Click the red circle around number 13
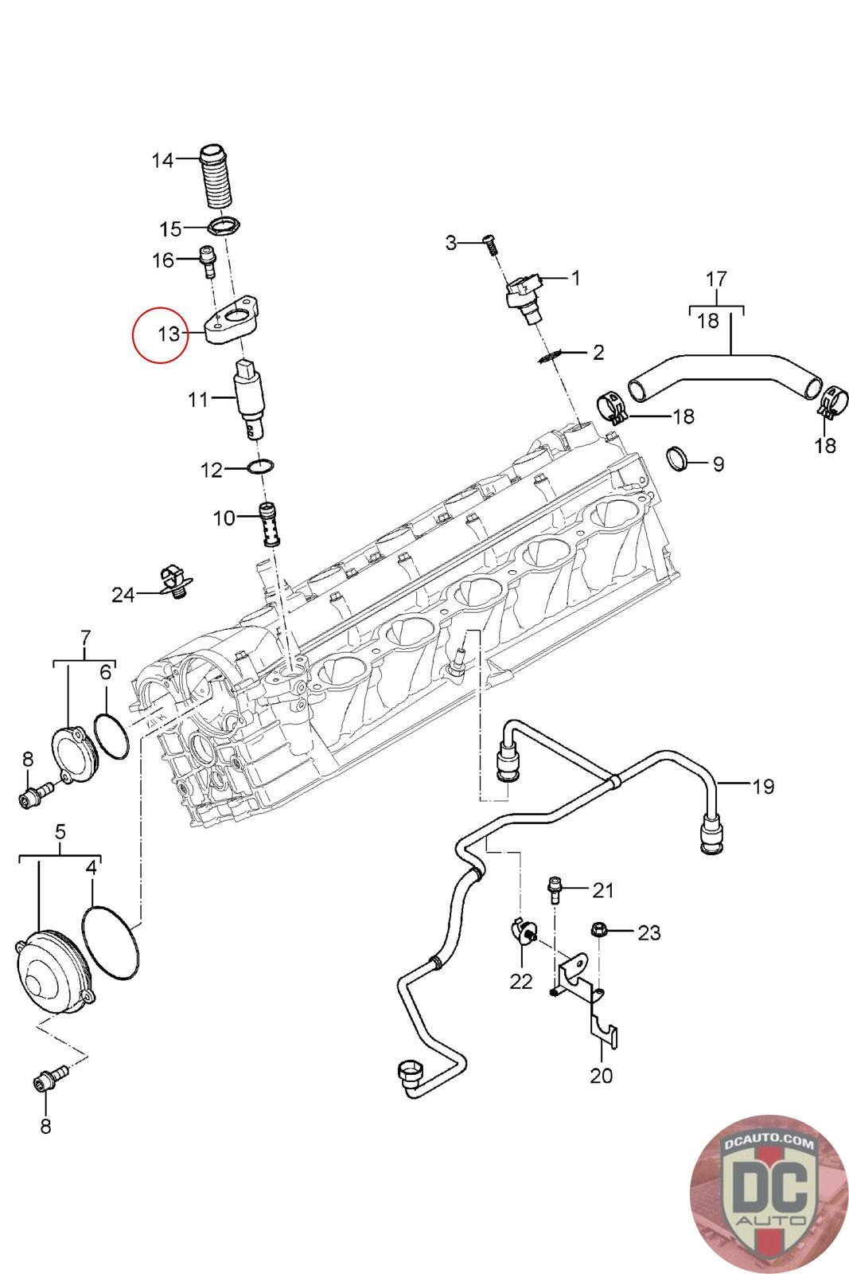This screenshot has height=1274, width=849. [x=160, y=334]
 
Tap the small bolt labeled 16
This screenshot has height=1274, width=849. [x=208, y=261]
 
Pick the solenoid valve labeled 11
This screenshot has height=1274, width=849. [x=249, y=400]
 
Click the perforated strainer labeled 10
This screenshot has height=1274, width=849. [x=270, y=525]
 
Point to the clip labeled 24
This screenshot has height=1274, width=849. [x=174, y=582]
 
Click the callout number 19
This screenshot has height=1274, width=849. [x=763, y=786]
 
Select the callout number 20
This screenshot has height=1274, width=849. [x=601, y=1075]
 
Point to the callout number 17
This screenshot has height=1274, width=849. [x=716, y=279]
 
